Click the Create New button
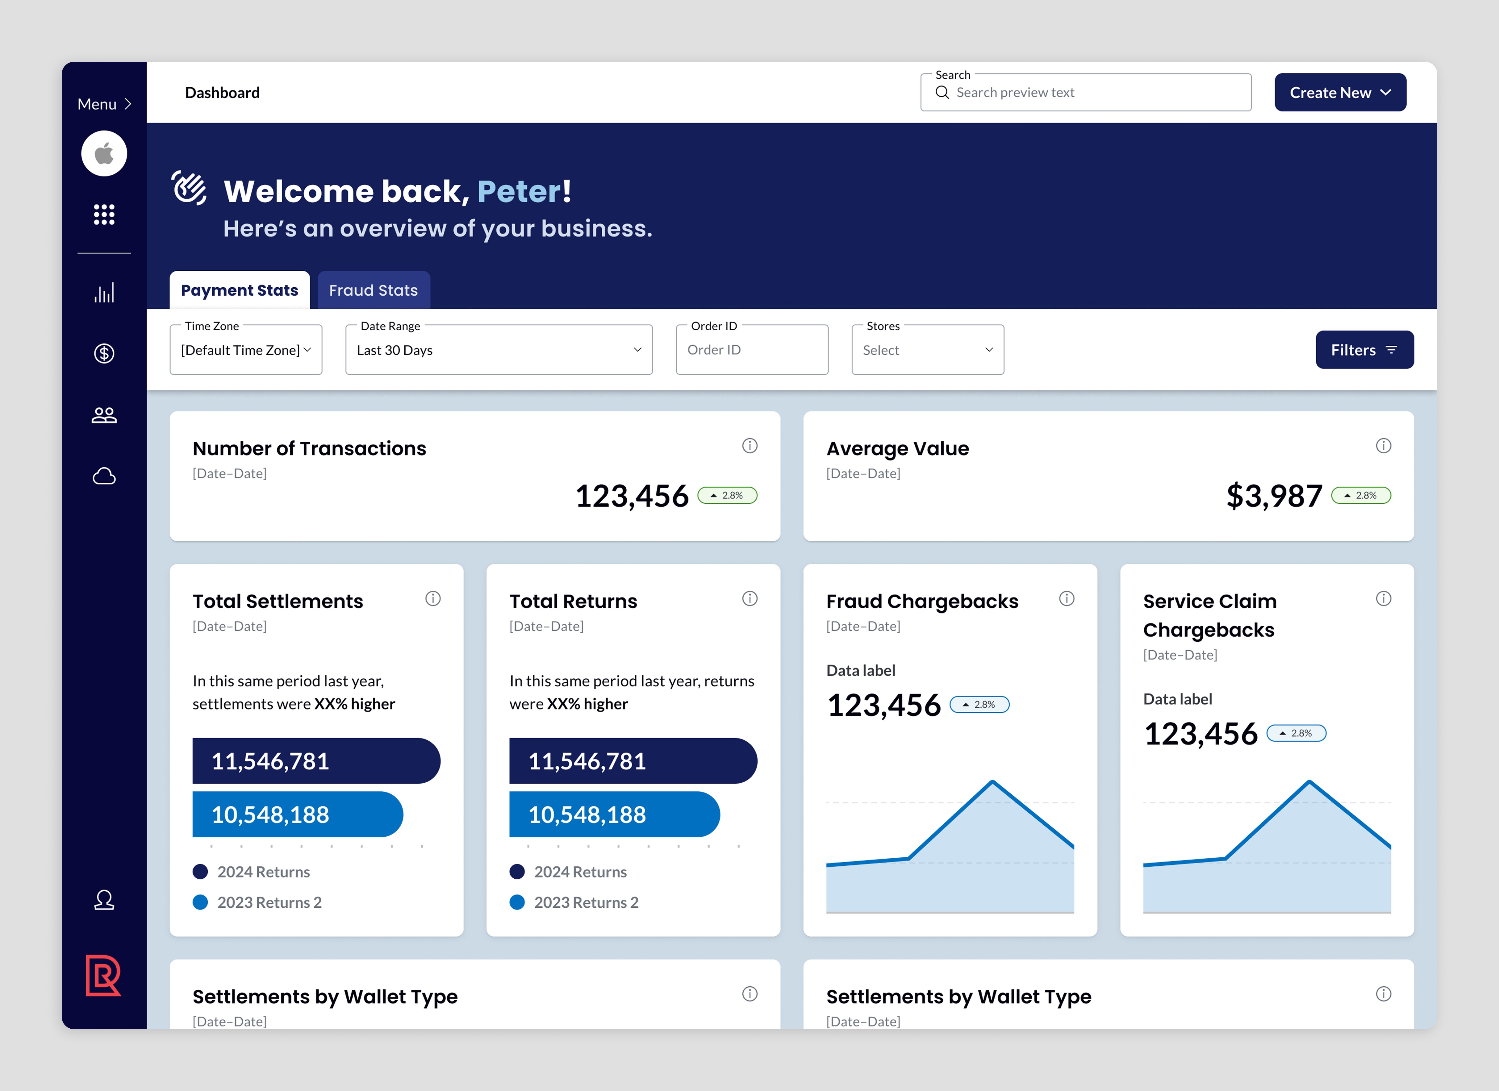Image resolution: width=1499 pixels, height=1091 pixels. pos(1340,93)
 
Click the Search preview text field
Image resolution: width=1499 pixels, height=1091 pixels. pos(1085,93)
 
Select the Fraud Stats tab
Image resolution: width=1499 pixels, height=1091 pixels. pos(374,290)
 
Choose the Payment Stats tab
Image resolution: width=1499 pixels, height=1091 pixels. pos(239,290)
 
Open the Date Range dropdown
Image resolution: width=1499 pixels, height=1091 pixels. pos(499,350)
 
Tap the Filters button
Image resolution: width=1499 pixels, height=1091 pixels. pos(1364,350)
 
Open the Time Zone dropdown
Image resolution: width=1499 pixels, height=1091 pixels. pos(246,350)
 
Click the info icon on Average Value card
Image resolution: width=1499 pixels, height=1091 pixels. pos(1383,446)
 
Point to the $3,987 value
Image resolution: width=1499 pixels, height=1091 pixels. pos(1274,496)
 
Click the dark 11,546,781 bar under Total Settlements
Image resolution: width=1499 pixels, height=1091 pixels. pos(316,760)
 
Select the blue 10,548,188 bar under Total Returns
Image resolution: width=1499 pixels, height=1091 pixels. pos(614,814)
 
